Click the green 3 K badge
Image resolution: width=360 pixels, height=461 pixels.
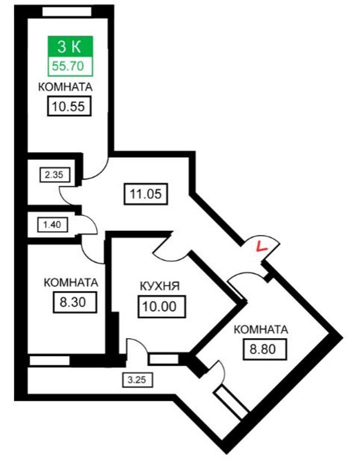(x=70, y=46)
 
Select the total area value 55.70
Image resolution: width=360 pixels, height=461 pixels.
(x=70, y=66)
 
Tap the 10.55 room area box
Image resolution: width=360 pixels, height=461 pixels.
(x=68, y=106)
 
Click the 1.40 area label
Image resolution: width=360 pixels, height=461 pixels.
(x=52, y=224)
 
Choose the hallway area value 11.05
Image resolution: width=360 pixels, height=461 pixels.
(x=145, y=193)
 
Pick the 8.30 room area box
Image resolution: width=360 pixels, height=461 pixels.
(x=75, y=302)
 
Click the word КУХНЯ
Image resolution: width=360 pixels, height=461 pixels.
(x=160, y=286)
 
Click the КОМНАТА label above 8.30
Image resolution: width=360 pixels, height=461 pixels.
(x=71, y=283)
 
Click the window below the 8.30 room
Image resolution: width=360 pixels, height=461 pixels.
(x=49, y=360)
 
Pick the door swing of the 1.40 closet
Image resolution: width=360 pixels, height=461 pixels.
(x=89, y=225)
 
